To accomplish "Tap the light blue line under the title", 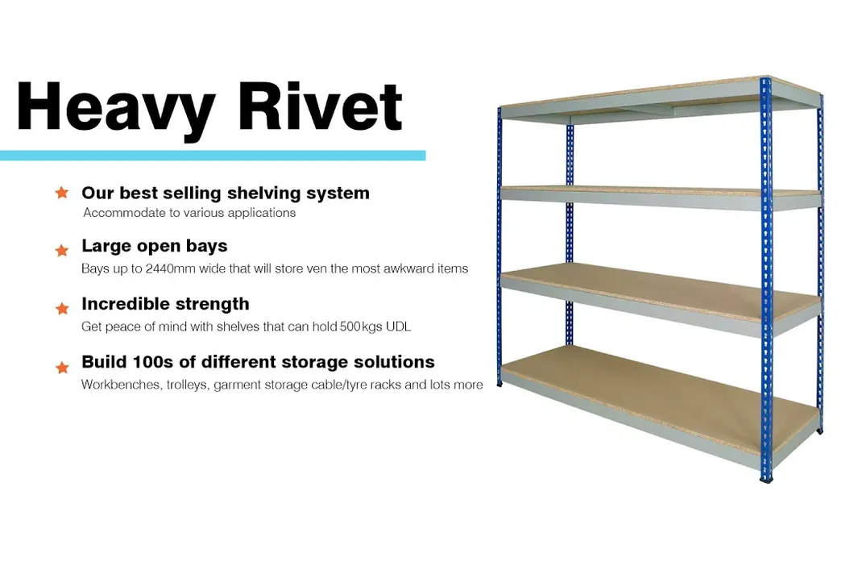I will (x=213, y=156).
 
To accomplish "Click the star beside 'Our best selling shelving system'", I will (x=62, y=193).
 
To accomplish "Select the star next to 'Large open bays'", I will (x=62, y=250).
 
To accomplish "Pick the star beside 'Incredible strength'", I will (x=62, y=308).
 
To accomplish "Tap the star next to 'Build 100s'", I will (x=62, y=368).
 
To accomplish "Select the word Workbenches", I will (x=121, y=385).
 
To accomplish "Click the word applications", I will (x=262, y=213).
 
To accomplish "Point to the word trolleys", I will (x=188, y=385).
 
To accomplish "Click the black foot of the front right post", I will (x=766, y=479).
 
